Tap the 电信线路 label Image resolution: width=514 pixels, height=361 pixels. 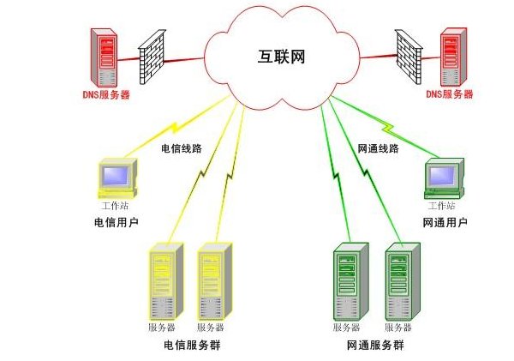coord(182,148)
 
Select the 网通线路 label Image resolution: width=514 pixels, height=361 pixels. coord(378,148)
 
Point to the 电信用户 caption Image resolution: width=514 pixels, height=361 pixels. coord(117,222)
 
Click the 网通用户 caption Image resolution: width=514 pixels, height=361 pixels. coord(445,222)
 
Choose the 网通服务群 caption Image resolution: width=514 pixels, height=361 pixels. coord(376,345)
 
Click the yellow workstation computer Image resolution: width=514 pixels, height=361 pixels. coord(116,177)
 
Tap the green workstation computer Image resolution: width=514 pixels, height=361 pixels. coord(445,177)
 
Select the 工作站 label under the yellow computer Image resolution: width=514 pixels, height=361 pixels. coord(116,207)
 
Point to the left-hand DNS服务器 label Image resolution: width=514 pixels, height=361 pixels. coord(110,94)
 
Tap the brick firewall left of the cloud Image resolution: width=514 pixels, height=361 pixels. coord(150,58)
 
